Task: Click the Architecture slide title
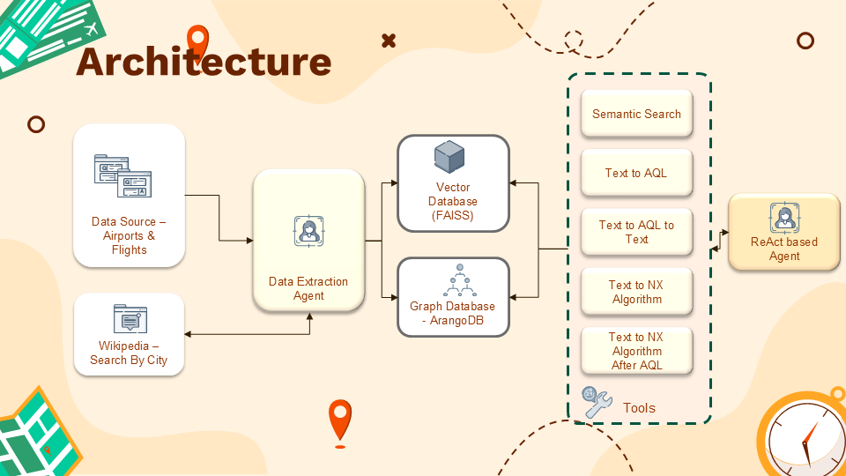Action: click(204, 62)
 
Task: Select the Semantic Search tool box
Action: click(636, 115)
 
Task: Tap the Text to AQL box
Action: click(636, 174)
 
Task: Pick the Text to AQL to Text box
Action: click(636, 232)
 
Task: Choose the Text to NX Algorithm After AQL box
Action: click(636, 351)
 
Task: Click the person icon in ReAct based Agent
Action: click(783, 217)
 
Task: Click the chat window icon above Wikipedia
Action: click(130, 319)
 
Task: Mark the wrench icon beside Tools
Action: click(597, 403)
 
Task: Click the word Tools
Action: click(639, 408)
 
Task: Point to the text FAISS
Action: click(453, 216)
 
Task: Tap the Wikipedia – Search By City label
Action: click(130, 353)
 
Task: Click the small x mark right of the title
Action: click(389, 41)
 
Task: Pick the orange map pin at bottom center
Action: click(339, 420)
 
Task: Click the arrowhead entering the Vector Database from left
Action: click(393, 183)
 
